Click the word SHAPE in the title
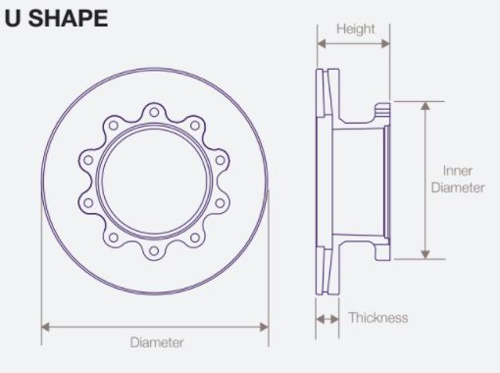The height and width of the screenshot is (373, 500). [68, 19]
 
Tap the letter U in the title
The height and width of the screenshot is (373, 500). [13, 19]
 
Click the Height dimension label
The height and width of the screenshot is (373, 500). [356, 29]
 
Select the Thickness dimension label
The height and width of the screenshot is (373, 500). [378, 318]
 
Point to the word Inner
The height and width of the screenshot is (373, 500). [458, 171]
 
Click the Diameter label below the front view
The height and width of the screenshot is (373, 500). [157, 343]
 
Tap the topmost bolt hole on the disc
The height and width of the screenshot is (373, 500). [154, 112]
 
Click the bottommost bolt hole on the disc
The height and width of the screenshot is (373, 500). [154, 251]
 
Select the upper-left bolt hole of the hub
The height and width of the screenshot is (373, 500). [114, 126]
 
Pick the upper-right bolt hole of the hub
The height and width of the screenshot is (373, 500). [195, 126]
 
